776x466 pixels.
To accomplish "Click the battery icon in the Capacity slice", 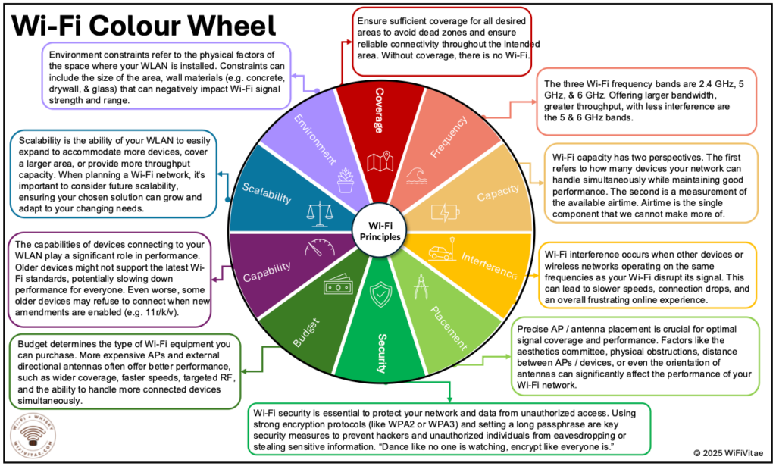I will click(445, 213).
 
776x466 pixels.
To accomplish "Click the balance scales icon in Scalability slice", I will click(318, 213).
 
